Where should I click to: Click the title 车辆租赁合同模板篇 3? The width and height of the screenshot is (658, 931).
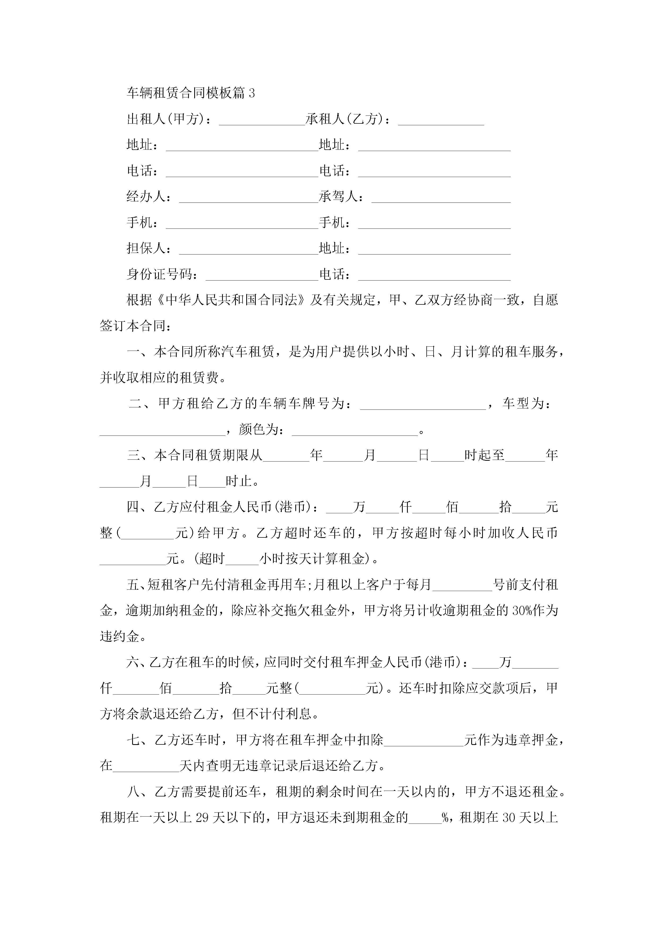(x=191, y=93)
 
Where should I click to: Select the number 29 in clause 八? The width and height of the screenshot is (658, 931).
(x=202, y=817)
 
